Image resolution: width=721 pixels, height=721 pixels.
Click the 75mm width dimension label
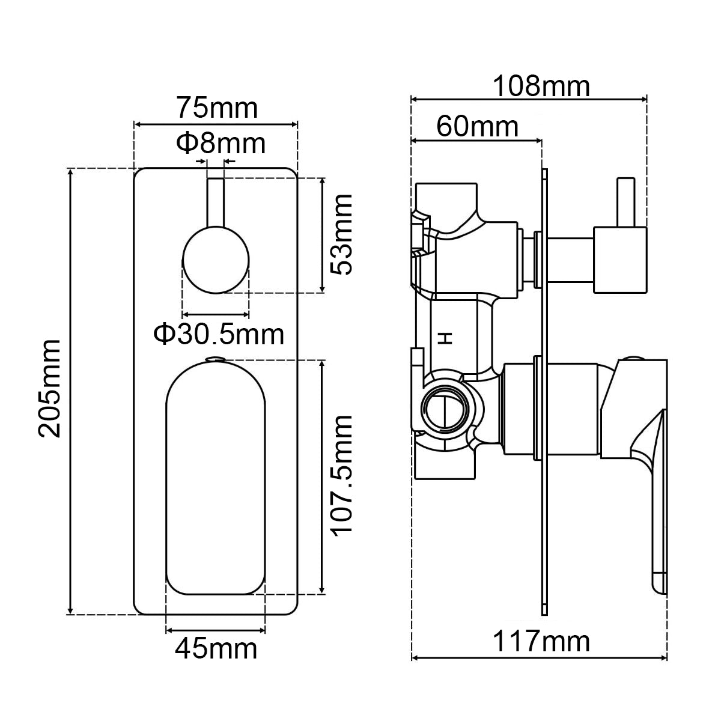point(216,109)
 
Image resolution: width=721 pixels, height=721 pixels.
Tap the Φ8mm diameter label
point(220,144)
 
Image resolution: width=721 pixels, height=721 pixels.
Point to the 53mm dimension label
point(342,234)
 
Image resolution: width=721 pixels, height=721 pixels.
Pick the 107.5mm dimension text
point(342,475)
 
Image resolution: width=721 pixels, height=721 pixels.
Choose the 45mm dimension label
point(216,648)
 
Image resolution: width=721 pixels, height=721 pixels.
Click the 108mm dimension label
point(541,87)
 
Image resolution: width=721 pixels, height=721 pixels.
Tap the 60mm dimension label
point(477,127)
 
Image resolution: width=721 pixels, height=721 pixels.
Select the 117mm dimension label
point(541,642)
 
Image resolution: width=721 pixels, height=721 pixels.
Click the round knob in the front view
point(216,260)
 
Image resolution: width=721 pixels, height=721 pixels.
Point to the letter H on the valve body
point(445,338)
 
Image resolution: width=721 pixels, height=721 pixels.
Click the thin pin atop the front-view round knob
point(216,201)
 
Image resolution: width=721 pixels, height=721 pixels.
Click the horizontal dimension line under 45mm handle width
point(215,630)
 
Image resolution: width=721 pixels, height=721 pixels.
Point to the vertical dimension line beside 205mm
point(71,391)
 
